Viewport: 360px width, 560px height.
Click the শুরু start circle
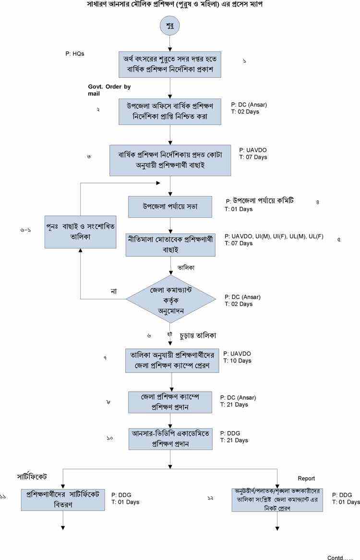tap(170, 25)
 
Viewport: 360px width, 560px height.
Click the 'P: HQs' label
tap(75, 54)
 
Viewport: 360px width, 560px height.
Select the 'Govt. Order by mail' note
tap(109, 90)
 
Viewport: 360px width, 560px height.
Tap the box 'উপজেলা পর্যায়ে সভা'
tap(170, 206)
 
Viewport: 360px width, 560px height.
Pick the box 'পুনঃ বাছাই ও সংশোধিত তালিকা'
tap(80, 232)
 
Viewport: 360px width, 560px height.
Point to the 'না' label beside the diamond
tap(114, 291)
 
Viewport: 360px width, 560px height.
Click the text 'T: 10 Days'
tap(237, 361)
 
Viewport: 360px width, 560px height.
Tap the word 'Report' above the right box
tap(306, 478)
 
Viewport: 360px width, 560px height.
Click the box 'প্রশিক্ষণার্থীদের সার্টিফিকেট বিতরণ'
tap(63, 499)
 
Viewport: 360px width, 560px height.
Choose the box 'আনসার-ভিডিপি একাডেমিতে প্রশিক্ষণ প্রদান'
tap(170, 438)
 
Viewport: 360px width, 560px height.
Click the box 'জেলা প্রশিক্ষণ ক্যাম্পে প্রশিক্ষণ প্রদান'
tap(170, 401)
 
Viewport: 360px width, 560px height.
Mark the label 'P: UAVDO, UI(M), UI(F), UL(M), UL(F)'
tap(274, 236)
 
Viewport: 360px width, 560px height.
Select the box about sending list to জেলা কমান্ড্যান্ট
tap(277, 499)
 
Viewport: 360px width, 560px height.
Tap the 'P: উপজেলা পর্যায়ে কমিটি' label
tap(260, 200)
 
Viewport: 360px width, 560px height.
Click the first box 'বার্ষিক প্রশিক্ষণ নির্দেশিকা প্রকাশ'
tap(170, 64)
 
